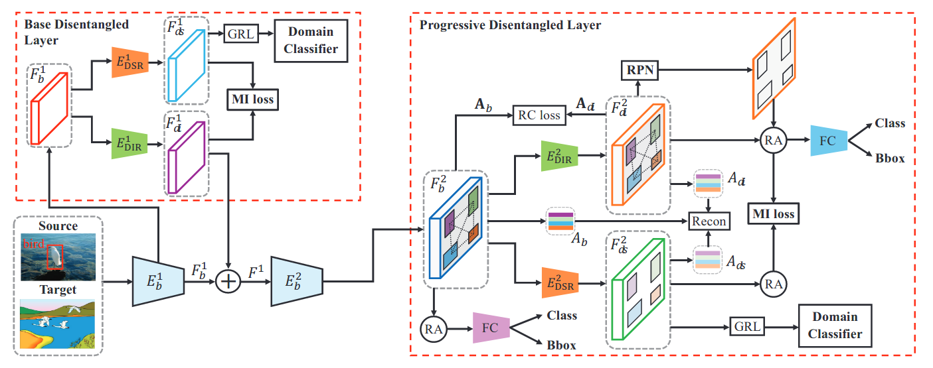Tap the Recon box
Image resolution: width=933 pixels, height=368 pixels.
[709, 220]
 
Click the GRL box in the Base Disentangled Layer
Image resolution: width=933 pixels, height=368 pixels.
[241, 34]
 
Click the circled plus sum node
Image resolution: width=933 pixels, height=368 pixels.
[228, 281]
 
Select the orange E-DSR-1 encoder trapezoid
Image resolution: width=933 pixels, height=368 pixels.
[129, 63]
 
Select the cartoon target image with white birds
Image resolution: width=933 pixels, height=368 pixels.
[58, 323]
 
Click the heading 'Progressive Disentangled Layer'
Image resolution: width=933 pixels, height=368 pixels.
[510, 25]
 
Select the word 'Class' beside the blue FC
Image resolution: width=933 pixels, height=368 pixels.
[890, 123]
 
